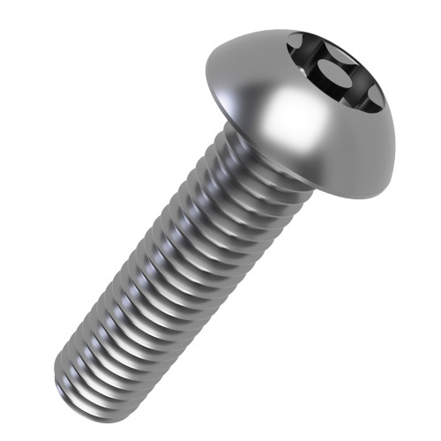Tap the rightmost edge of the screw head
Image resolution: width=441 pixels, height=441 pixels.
point(395,141)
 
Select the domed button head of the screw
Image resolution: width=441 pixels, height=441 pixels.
point(300,106)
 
